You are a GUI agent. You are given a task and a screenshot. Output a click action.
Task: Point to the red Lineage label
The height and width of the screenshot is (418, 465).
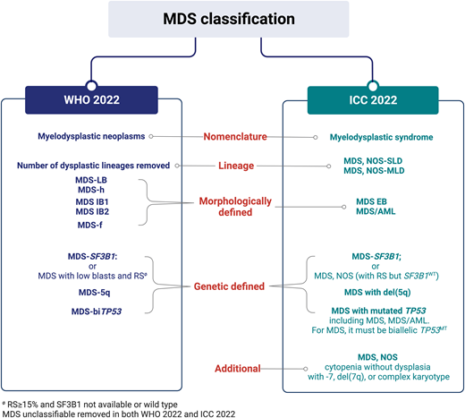pos(231,166)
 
